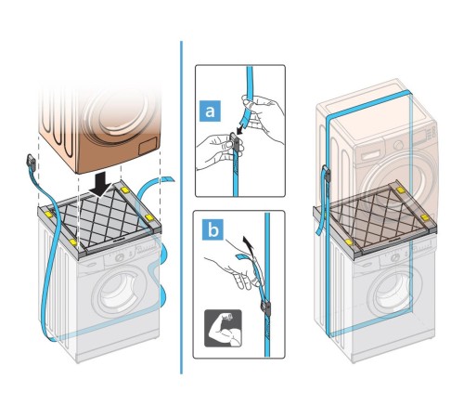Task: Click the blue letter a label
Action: click(210, 111)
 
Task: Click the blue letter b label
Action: click(213, 229)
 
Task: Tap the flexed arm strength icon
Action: click(223, 328)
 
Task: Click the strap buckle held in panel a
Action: click(235, 143)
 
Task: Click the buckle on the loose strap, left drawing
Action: click(31, 163)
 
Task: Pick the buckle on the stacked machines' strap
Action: click(327, 175)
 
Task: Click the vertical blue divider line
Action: click(181, 207)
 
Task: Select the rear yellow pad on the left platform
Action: click(125, 189)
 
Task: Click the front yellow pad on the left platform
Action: click(73, 242)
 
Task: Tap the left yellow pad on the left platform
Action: click(49, 214)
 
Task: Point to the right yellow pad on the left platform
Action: click(149, 217)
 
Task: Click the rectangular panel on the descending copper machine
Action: click(148, 147)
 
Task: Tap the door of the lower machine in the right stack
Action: click(392, 291)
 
